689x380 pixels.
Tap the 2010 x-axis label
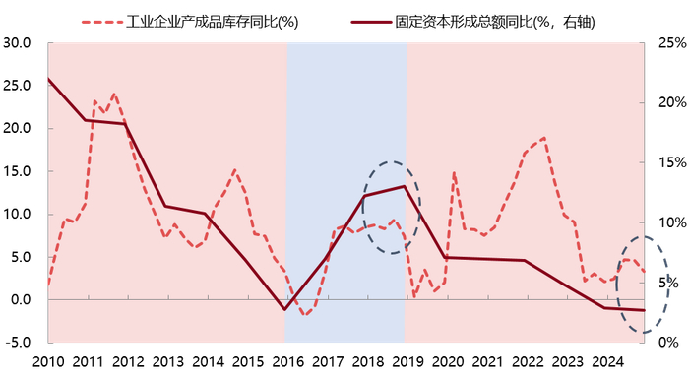(x=48, y=362)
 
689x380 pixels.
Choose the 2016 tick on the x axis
(x=286, y=362)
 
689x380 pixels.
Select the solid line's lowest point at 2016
(x=285, y=309)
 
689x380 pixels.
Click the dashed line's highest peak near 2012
(x=114, y=95)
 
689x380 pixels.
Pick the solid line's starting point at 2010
(x=48, y=79)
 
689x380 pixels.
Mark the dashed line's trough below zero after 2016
(x=305, y=314)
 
